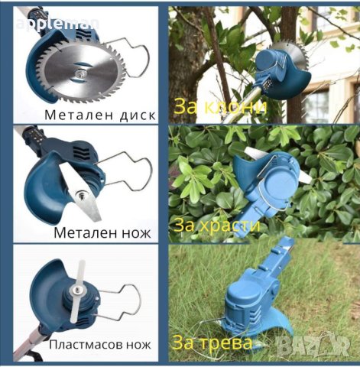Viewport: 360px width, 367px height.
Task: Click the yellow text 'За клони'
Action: (x=219, y=107)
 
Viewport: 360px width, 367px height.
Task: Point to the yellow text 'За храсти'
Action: (x=218, y=226)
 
